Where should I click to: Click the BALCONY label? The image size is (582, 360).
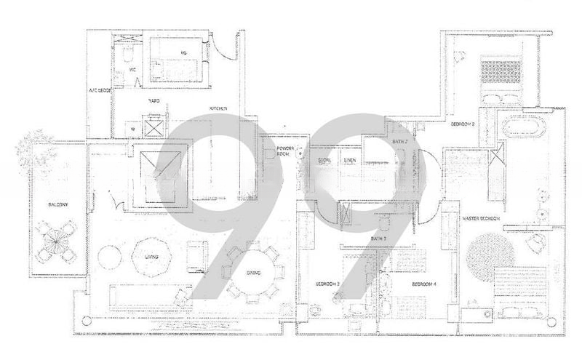[59, 206]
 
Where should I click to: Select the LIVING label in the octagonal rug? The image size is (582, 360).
[151, 257]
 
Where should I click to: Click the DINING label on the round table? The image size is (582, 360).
[253, 273]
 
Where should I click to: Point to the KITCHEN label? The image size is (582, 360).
[219, 109]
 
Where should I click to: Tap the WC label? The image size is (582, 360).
[133, 69]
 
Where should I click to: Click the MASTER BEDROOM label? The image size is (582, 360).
[483, 220]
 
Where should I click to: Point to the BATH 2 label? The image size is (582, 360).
[399, 140]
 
